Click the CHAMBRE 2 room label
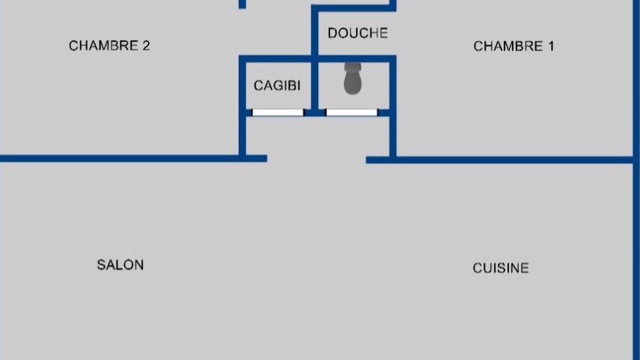pyautogui.click(x=109, y=45)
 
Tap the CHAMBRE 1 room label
pyautogui.click(x=513, y=46)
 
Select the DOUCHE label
pyautogui.click(x=357, y=33)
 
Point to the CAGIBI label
pyautogui.click(x=277, y=85)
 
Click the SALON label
pyautogui.click(x=120, y=265)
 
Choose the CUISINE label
pyautogui.click(x=500, y=268)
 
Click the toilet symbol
pyautogui.click(x=353, y=78)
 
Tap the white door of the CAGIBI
pyautogui.click(x=277, y=112)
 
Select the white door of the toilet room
pyautogui.click(x=351, y=112)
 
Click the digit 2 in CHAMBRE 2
pyautogui.click(x=146, y=45)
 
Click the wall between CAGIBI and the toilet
pyautogui.click(x=314, y=85)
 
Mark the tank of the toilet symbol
pyautogui.click(x=353, y=67)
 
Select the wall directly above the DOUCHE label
pyautogui.click(x=353, y=8)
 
